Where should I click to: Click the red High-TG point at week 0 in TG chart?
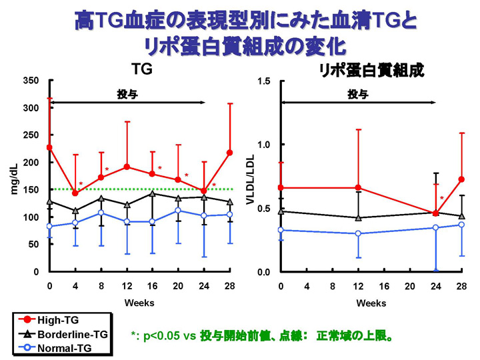[x=49, y=147]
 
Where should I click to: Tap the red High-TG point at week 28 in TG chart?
[x=229, y=153]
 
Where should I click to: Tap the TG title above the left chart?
[x=140, y=69]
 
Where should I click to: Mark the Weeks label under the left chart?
[x=139, y=303]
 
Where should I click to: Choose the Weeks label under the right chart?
[x=371, y=303]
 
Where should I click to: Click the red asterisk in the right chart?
[x=441, y=199]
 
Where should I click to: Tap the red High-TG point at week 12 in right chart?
[x=359, y=188]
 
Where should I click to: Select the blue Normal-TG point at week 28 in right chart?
[x=461, y=225]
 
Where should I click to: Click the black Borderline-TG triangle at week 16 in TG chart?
[x=152, y=193]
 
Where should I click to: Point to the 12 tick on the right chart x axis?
[x=359, y=286]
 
